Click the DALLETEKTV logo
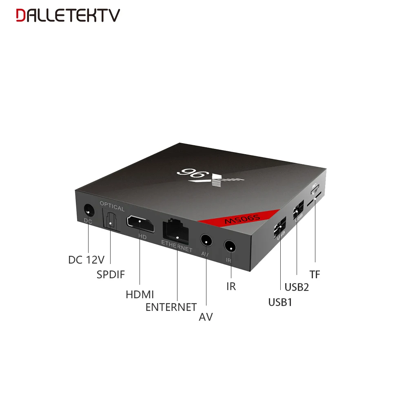tap(68, 15)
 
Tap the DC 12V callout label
tap(86, 259)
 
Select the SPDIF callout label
tap(111, 274)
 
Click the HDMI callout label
tap(140, 294)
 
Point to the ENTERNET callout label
tap(171, 307)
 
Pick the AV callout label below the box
tap(206, 317)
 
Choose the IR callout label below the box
tap(231, 286)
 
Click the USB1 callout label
tap(280, 302)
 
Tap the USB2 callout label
tap(297, 287)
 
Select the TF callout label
tap(315, 275)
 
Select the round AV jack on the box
tap(206, 241)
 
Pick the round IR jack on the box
tap(231, 247)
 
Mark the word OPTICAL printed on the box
tap(112, 208)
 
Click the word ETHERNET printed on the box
tap(176, 246)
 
